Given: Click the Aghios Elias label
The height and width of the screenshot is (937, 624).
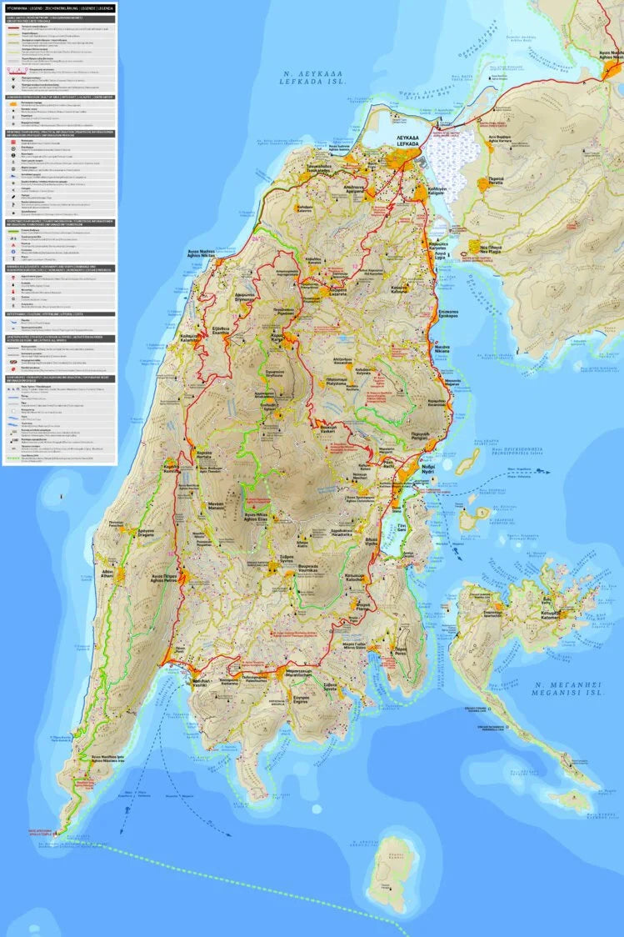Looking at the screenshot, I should click(x=256, y=518).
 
